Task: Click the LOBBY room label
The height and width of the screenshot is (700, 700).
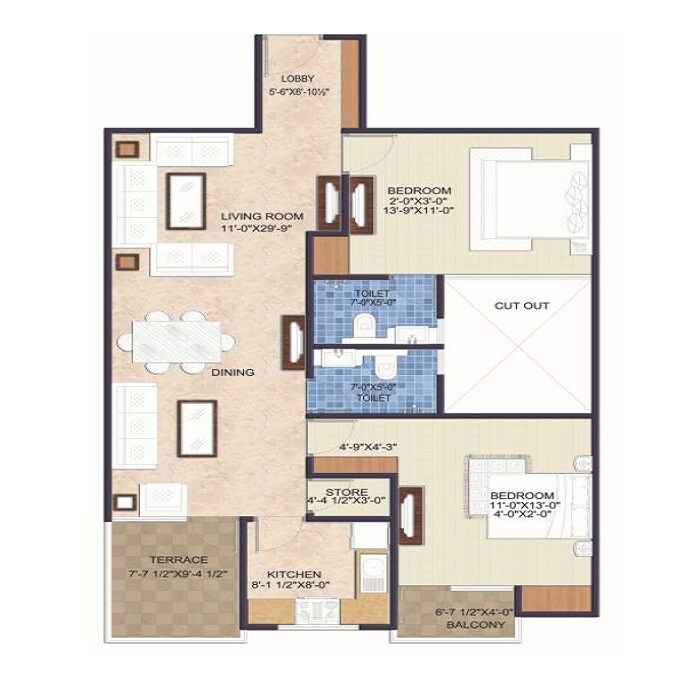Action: pos(298,78)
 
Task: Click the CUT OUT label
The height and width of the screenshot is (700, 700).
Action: pos(521,306)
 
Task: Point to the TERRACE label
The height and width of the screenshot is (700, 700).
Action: pos(172,559)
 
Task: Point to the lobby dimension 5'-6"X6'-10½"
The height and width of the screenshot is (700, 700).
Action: pos(298,92)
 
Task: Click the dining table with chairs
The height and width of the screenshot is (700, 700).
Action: pos(177,342)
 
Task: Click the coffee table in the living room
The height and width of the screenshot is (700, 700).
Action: pos(186,200)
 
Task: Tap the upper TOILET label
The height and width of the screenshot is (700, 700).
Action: pos(371,293)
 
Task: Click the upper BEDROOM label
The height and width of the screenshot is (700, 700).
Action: pos(419,190)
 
